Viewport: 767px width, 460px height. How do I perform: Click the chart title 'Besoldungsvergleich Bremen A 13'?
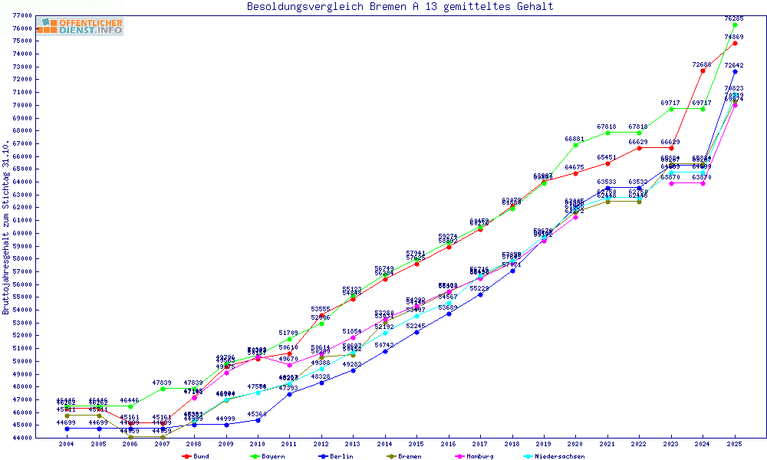tap(400, 7)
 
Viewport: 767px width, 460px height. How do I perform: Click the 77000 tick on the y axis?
tap(21, 15)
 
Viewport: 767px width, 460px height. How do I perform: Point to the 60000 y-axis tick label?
tap(21, 233)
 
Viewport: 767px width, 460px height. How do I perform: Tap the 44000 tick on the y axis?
tap(21, 438)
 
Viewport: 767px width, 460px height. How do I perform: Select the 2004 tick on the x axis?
tap(67, 444)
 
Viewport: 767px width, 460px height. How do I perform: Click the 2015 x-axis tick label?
tap(416, 444)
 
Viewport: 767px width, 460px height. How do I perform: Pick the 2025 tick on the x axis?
tap(735, 444)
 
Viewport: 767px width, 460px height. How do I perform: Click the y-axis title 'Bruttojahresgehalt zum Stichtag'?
tap(6, 227)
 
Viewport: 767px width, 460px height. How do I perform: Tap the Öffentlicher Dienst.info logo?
tap(81, 26)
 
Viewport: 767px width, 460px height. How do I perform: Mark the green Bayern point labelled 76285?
tap(735, 25)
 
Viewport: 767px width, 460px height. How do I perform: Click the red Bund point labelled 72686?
tap(703, 71)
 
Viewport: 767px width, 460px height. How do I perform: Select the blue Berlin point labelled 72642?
tap(735, 71)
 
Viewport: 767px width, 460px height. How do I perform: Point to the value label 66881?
tap(574, 139)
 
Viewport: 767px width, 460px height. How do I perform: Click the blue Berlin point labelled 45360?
tap(258, 420)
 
